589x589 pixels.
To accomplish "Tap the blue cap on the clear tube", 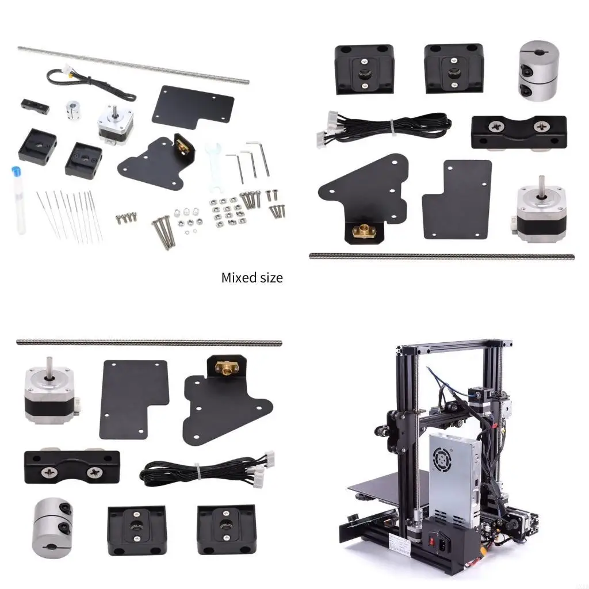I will coord(16,172).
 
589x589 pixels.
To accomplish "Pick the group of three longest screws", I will coord(162,230).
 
